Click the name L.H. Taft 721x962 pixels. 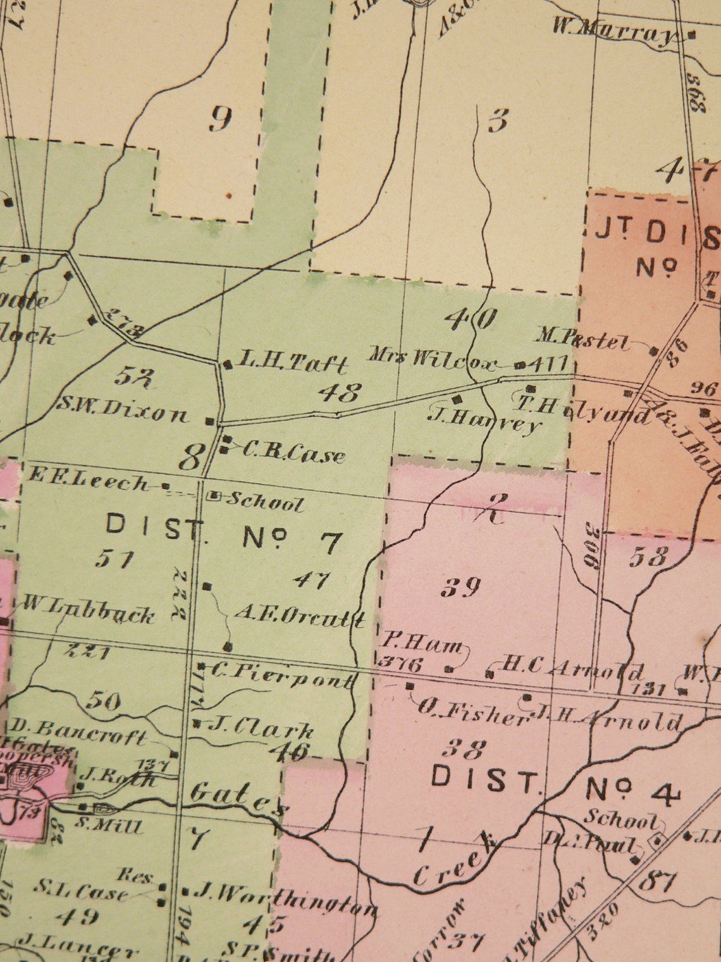pyautogui.click(x=292, y=363)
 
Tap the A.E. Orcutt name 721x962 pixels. pyautogui.click(x=299, y=616)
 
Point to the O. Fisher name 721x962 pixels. pyautogui.click(x=471, y=712)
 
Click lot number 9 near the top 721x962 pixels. pyautogui.click(x=220, y=119)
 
